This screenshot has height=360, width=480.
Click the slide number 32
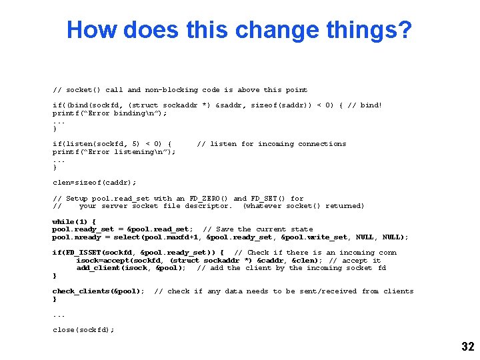click(x=467, y=346)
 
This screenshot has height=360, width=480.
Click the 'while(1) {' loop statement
click(x=74, y=221)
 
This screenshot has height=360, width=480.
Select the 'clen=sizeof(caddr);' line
click(x=94, y=182)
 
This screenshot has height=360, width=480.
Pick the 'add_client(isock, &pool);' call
click(x=131, y=268)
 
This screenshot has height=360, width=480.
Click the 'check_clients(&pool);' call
click(x=98, y=291)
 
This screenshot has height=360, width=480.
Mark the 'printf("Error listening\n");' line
click(x=114, y=151)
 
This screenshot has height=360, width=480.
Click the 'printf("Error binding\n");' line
click(x=110, y=113)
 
